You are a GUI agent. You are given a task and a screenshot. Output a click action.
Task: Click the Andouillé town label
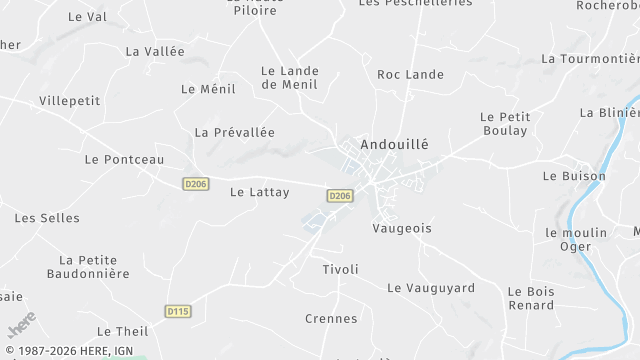click(x=393, y=143)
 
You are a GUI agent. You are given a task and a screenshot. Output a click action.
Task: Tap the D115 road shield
click(x=177, y=311)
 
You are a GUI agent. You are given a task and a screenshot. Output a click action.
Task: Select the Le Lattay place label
click(x=259, y=192)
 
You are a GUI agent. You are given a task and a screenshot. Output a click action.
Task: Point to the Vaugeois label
click(x=402, y=228)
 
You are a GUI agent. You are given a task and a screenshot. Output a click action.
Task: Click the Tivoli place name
click(x=340, y=269)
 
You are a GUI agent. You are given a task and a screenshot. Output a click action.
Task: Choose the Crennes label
click(x=331, y=318)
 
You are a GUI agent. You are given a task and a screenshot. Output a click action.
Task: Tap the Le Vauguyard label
click(x=431, y=287)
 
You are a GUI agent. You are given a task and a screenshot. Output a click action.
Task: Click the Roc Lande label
click(x=410, y=74)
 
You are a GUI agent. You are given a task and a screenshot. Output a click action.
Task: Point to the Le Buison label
click(x=574, y=176)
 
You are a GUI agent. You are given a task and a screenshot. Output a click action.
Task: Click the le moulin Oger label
click(x=576, y=239)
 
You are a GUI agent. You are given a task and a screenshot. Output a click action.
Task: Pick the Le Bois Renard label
click(x=530, y=298)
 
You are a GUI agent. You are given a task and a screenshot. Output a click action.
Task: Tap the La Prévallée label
click(x=234, y=132)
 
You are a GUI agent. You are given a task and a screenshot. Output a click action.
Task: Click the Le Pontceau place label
click(x=124, y=159)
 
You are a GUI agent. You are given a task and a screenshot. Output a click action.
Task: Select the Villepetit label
click(x=70, y=101)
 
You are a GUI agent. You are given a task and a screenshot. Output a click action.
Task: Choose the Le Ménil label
click(x=208, y=88)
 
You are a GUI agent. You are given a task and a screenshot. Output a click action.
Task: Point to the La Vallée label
click(x=155, y=51)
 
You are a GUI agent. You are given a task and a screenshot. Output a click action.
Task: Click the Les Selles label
click(x=40, y=217)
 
